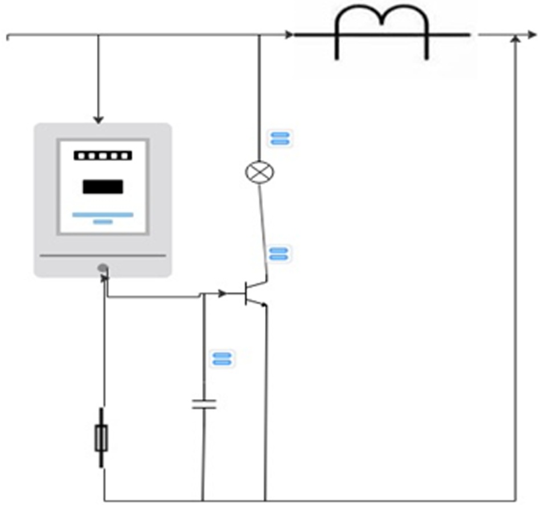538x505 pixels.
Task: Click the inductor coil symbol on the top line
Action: pyautogui.click(x=382, y=31)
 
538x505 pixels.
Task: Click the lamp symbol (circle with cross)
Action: pyautogui.click(x=259, y=172)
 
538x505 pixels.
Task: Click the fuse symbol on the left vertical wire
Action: pyautogui.click(x=101, y=438)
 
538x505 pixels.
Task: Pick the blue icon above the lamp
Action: pyautogui.click(x=280, y=138)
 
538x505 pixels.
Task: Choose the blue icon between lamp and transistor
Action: pyautogui.click(x=278, y=254)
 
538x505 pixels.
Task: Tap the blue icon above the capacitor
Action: pyautogui.click(x=221, y=359)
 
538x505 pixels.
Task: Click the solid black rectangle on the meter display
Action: pyautogui.click(x=102, y=186)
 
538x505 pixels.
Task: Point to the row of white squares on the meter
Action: pyautogui.click(x=102, y=155)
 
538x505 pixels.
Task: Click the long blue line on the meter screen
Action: pyautogui.click(x=102, y=214)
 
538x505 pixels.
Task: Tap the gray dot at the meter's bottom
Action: pyautogui.click(x=102, y=267)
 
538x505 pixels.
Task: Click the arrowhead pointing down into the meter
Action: pyautogui.click(x=98, y=119)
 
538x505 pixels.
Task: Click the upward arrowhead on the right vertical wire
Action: pyautogui.click(x=515, y=39)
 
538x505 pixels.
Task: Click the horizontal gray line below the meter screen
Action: pyautogui.click(x=102, y=255)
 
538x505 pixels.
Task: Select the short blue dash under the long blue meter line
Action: pyautogui.click(x=102, y=221)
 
